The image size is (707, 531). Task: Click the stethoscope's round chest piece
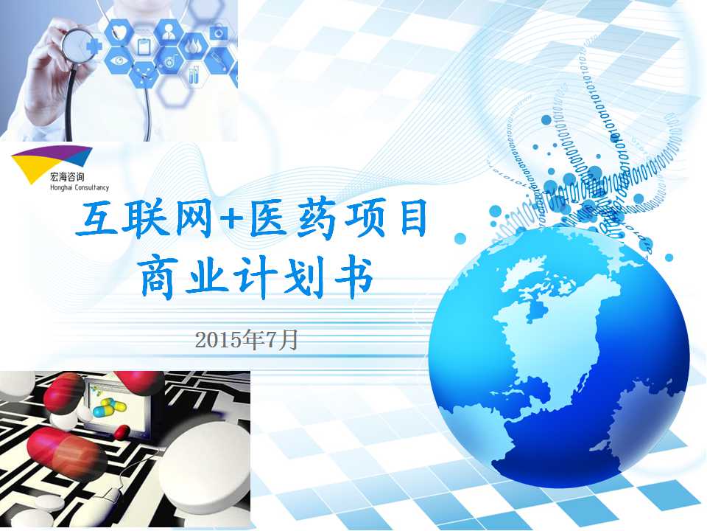coord(77,46)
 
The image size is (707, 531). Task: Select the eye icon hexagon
coord(119,60)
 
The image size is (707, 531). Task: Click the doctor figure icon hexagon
coord(169,32)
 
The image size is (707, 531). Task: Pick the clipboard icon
coord(144,46)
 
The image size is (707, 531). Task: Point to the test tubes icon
coord(194,74)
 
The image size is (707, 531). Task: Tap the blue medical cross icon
coord(94,46)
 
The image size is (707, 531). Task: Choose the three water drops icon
coord(194,46)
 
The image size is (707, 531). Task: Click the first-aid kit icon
coord(219,32)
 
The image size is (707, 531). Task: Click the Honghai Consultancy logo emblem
coord(51,162)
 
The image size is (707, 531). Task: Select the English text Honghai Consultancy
coord(80,187)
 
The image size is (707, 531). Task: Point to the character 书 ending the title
coord(353,277)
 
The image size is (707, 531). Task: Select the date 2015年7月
coord(246,340)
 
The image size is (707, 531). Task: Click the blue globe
coord(559,357)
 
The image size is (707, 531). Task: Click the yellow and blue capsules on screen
coord(109,407)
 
